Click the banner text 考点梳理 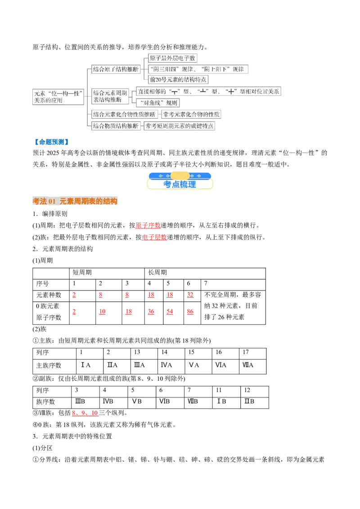pyautogui.click(x=180, y=184)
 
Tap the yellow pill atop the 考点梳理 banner pyautogui.click(x=180, y=175)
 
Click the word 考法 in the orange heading pyautogui.click(x=40, y=201)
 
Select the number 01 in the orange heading pyautogui.click(x=51, y=201)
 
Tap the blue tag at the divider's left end pyautogui.click(x=51, y=142)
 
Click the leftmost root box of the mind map pyautogui.click(x=57, y=97)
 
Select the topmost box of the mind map pyautogui.click(x=172, y=58)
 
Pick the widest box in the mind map pyautogui.click(x=209, y=92)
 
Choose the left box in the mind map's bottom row pyautogui.click(x=116, y=126)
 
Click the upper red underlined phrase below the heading pyautogui.click(x=148, y=226)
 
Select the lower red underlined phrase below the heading pyautogui.click(x=154, y=237)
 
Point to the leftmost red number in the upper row pyautogui.click(x=74, y=295)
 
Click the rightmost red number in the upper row pyautogui.click(x=190, y=295)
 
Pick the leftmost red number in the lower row pyautogui.click(x=74, y=312)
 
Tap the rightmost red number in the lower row pyautogui.click(x=190, y=312)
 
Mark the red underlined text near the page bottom pyautogui.click(x=85, y=413)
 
